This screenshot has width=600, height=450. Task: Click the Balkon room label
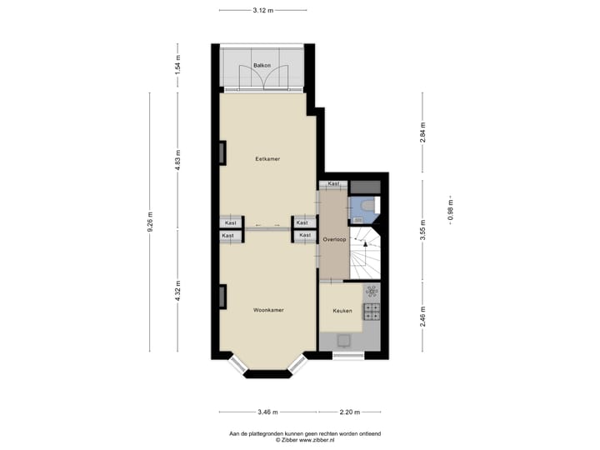[262, 64]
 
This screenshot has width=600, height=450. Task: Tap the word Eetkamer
[267, 158]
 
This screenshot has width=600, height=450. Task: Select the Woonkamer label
[268, 310]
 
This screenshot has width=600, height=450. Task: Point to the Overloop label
[335, 239]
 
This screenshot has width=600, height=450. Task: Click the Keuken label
[342, 311]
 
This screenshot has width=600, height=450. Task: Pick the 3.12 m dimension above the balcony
[262, 10]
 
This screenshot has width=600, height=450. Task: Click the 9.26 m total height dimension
[150, 222]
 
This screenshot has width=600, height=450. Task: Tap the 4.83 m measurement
[177, 158]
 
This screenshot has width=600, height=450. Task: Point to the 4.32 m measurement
[177, 292]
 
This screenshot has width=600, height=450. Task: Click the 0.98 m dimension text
[451, 210]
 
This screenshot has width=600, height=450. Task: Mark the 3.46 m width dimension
[268, 412]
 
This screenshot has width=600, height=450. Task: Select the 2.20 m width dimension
[350, 412]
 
